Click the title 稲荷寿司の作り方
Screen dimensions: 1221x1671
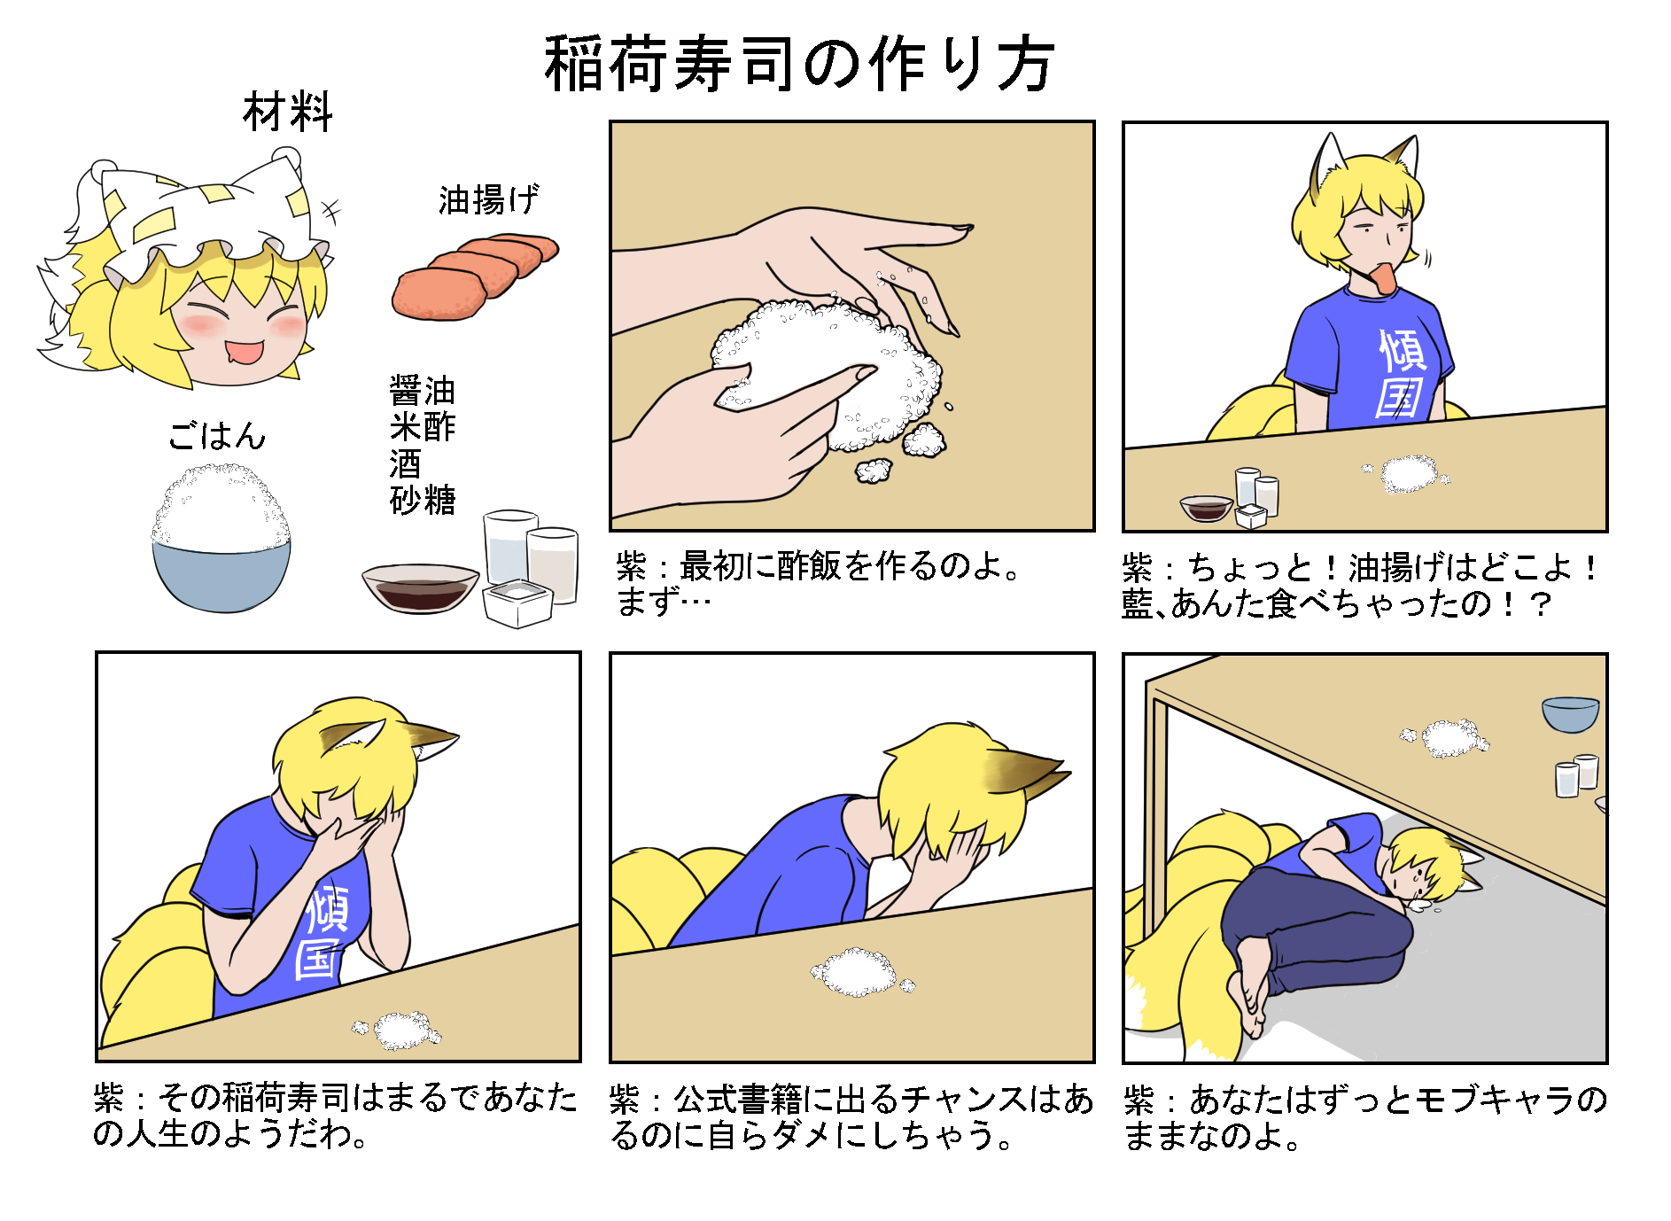pyautogui.click(x=799, y=64)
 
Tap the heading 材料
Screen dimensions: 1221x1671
pyautogui.click(x=287, y=113)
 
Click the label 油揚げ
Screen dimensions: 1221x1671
pyautogui.click(x=488, y=200)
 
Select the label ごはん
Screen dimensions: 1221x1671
pyautogui.click(x=217, y=435)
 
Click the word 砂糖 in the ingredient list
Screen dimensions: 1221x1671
pyautogui.click(x=423, y=500)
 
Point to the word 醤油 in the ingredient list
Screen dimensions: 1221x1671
pyautogui.click(x=423, y=391)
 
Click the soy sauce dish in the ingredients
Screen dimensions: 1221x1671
pyautogui.click(x=420, y=588)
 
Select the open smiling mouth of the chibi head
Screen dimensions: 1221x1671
pyautogui.click(x=244, y=353)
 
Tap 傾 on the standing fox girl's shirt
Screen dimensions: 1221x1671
pyautogui.click(x=1402, y=350)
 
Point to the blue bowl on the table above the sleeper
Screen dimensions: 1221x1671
pyautogui.click(x=1570, y=713)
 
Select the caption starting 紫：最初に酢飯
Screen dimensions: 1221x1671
pyautogui.click(x=820, y=582)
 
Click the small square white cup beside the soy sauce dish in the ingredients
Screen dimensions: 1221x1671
pyautogui.click(x=517, y=603)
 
